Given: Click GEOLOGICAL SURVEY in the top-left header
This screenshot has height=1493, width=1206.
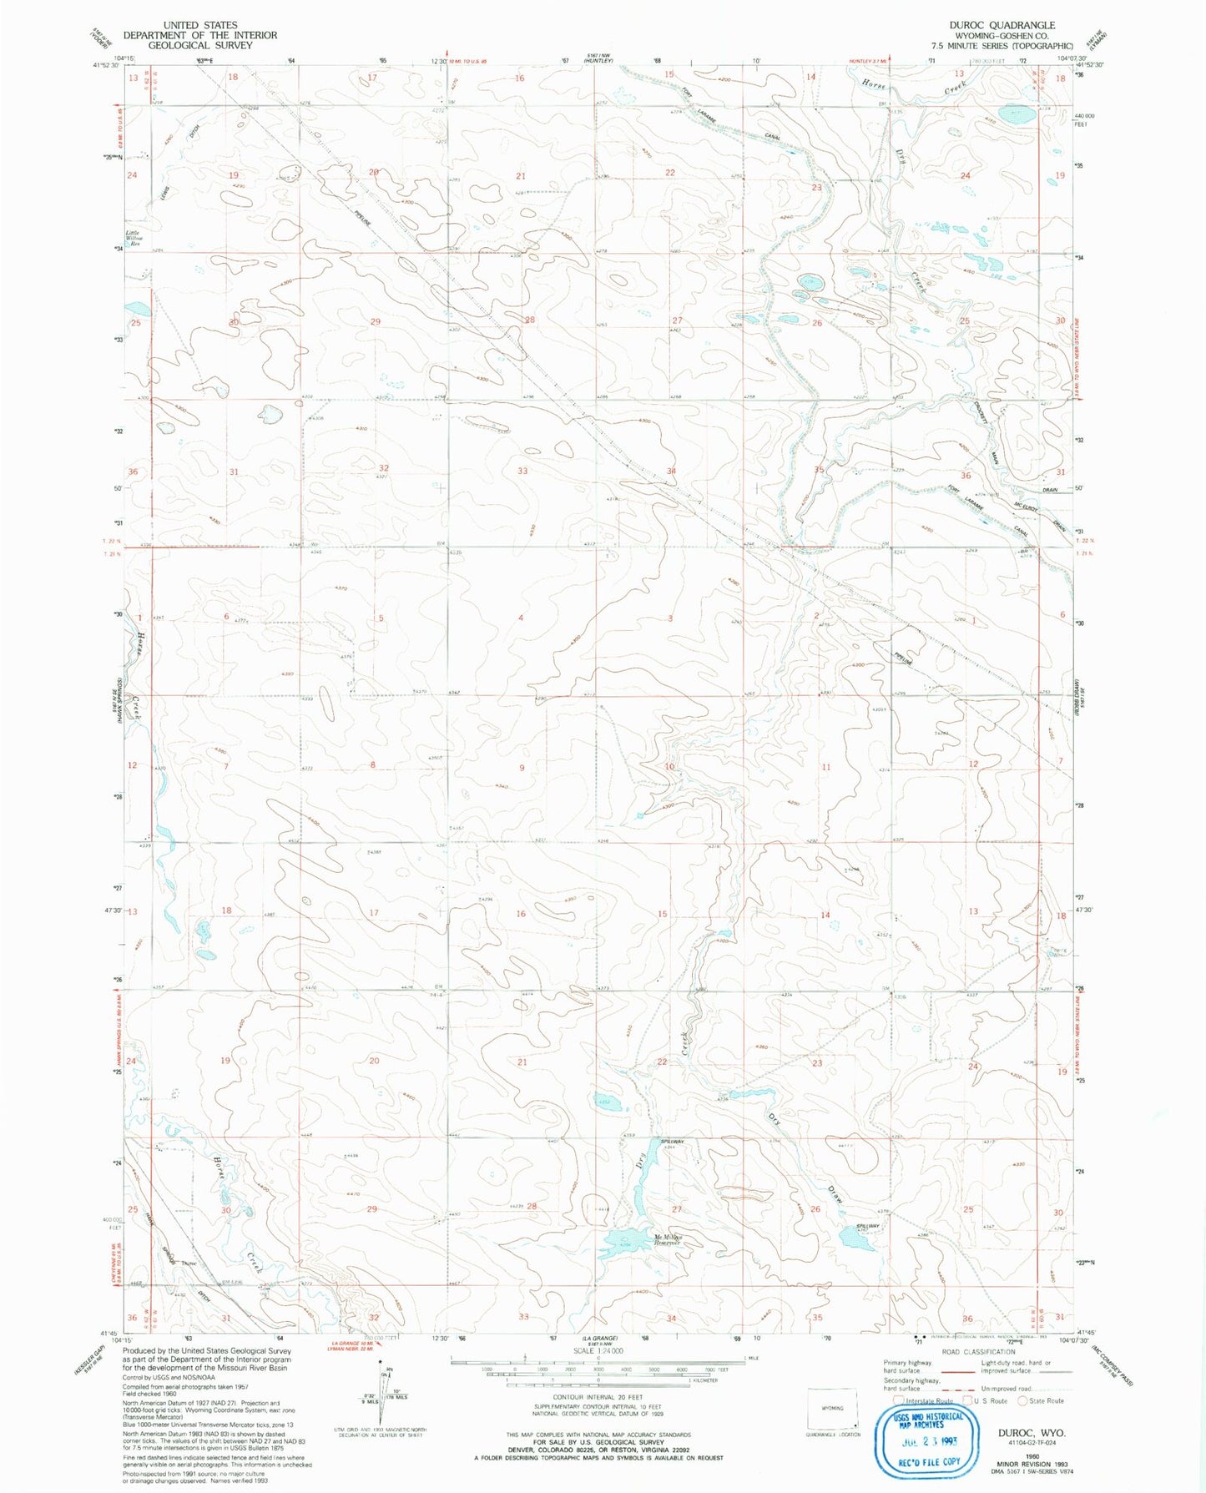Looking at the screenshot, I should (199, 45).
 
